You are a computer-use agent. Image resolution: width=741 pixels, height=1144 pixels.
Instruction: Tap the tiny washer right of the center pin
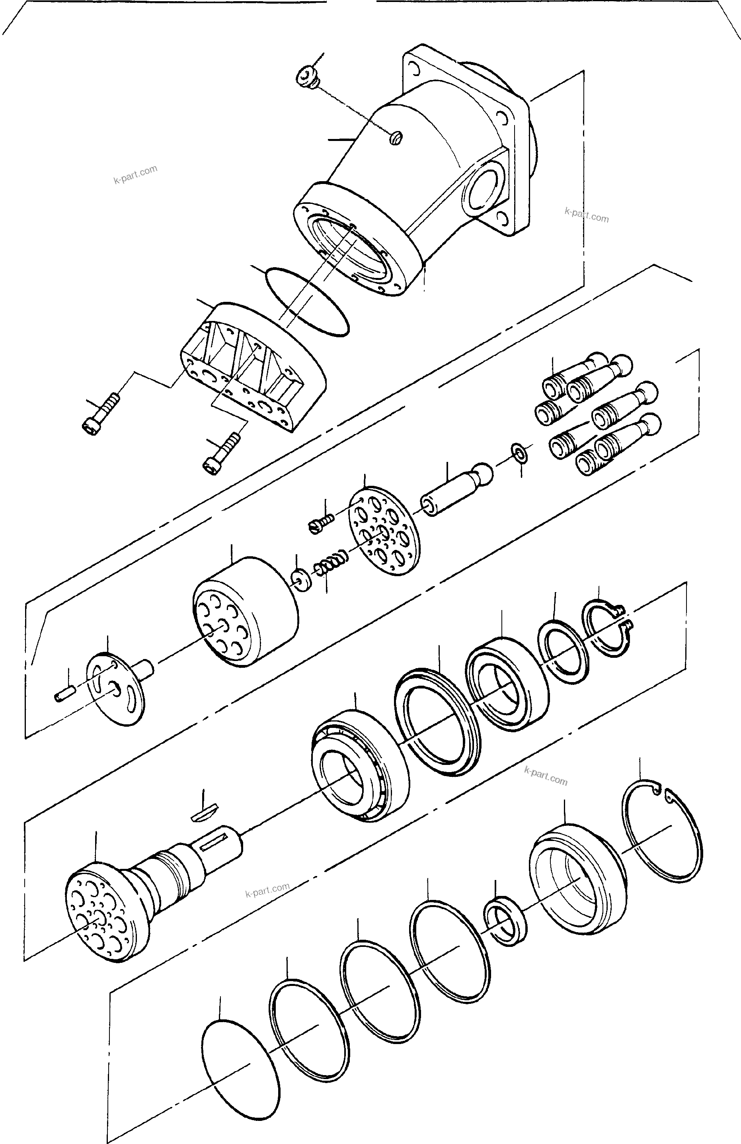point(519,452)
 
